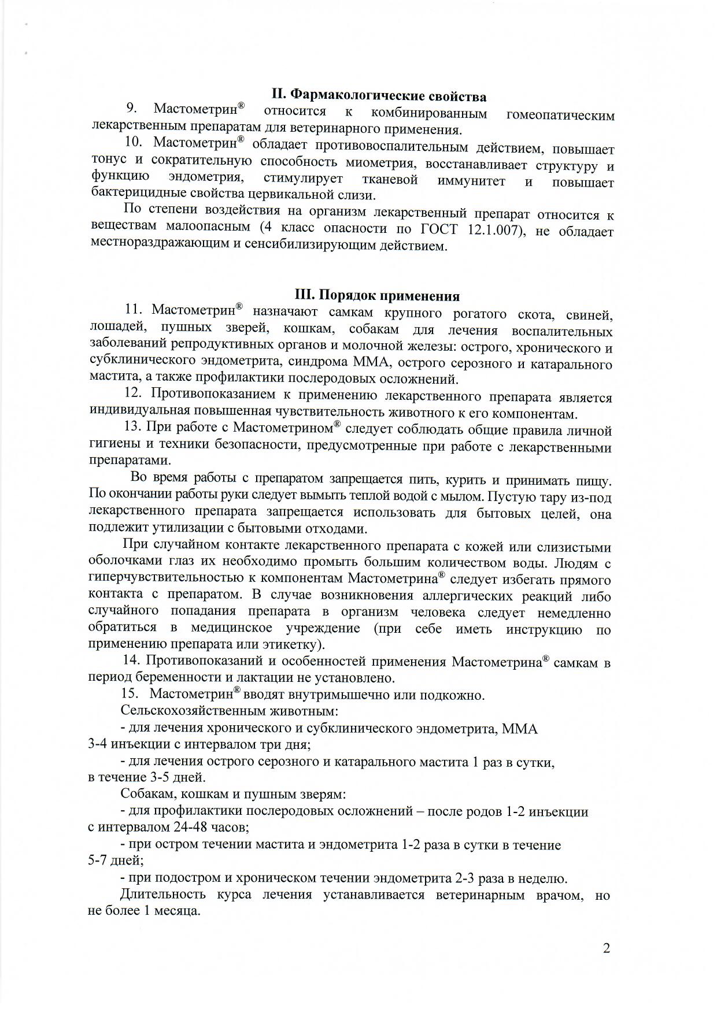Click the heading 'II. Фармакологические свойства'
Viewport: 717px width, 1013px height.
[379, 96]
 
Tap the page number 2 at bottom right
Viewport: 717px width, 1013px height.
[606, 949]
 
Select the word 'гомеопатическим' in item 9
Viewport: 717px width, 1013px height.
[560, 115]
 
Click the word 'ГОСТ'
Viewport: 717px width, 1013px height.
[441, 229]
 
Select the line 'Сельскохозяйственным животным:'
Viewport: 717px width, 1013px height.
[230, 711]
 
